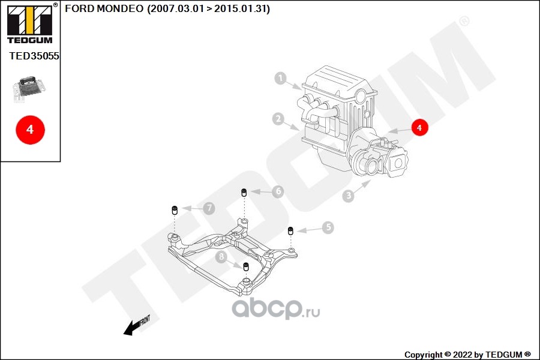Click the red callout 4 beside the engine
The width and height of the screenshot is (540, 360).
pyautogui.click(x=419, y=128)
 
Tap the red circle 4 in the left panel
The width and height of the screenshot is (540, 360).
pyautogui.click(x=30, y=129)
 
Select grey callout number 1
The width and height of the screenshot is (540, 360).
pyautogui.click(x=280, y=78)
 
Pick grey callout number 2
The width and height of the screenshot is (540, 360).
pyautogui.click(x=278, y=119)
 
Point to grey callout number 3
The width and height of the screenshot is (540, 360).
pyautogui.click(x=348, y=196)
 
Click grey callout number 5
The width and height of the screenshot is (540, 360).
pyautogui.click(x=327, y=227)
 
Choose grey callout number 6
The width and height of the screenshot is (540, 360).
pyautogui.click(x=277, y=191)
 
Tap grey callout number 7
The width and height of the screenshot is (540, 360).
pyautogui.click(x=208, y=208)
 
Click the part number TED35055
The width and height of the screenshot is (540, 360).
pyautogui.click(x=34, y=56)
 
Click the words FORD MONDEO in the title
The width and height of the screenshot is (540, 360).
pyautogui.click(x=104, y=9)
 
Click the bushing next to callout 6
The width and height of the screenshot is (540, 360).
pyautogui.click(x=244, y=193)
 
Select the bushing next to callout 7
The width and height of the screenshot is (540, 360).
pyautogui.click(x=174, y=210)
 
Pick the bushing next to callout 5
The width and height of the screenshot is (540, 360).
pyautogui.click(x=290, y=231)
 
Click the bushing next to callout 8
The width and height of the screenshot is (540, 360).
pyautogui.click(x=245, y=266)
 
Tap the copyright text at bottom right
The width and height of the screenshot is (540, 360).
pyautogui.click(x=467, y=354)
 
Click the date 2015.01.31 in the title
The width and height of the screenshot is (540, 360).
pyautogui.click(x=245, y=9)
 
